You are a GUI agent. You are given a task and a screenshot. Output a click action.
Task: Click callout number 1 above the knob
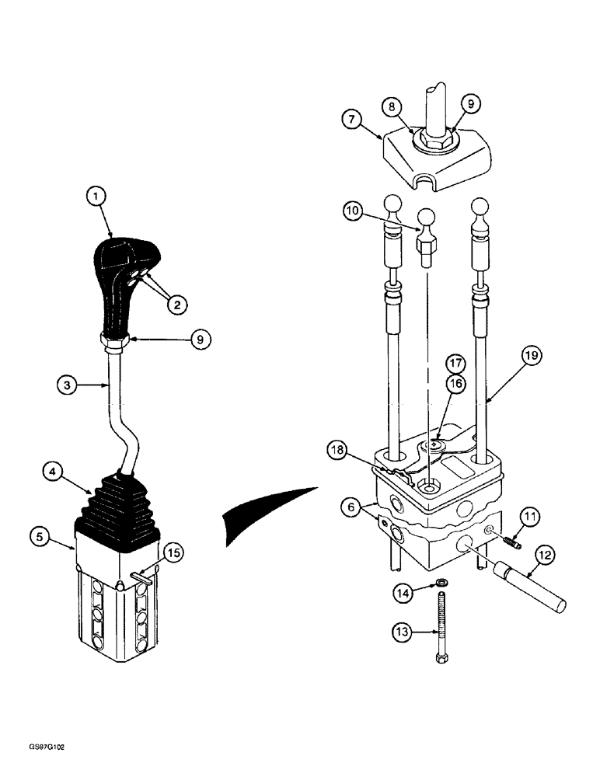point(96,197)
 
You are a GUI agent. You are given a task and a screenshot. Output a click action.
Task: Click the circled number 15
point(175,552)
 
